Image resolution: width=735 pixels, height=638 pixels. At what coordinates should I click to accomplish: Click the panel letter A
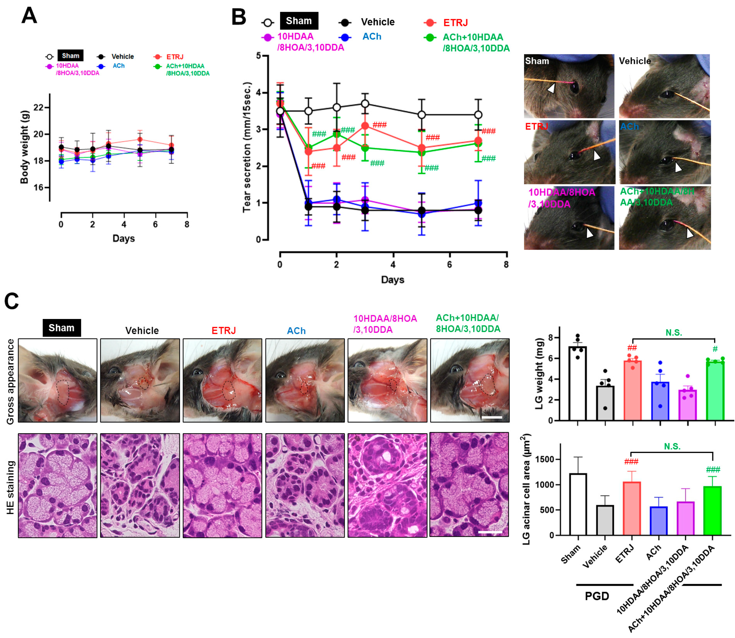tap(29, 16)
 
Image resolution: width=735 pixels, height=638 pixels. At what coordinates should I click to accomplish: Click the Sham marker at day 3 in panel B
tap(365, 104)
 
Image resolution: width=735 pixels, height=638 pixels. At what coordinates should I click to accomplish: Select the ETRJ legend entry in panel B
tap(455, 23)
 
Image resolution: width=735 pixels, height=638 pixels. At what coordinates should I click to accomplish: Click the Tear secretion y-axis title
tap(247, 147)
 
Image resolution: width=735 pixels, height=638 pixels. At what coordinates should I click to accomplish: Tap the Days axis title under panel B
tap(392, 280)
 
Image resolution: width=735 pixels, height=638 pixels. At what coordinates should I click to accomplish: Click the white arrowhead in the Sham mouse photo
tap(551, 88)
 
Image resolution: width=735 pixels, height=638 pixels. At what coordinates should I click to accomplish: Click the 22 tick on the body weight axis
tap(38, 108)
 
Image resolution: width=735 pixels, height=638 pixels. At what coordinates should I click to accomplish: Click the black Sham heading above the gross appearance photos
tap(62, 328)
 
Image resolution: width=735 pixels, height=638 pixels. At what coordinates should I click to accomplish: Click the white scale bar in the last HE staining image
tap(490, 532)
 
